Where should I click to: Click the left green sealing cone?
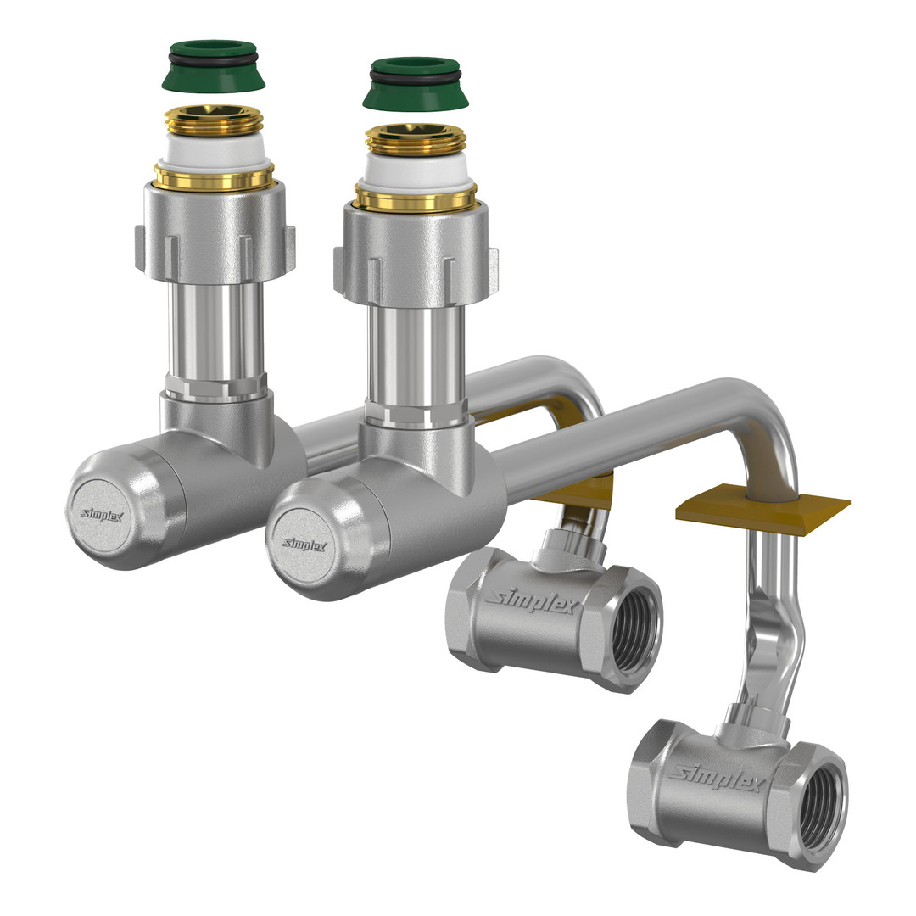pyautogui.click(x=213, y=65)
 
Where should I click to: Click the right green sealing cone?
pyautogui.click(x=416, y=83)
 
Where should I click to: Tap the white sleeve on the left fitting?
pyautogui.click(x=214, y=151)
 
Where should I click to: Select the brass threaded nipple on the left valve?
pyautogui.click(x=214, y=120)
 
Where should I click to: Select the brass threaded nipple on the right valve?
pyautogui.click(x=416, y=139)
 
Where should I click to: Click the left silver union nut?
pyautogui.click(x=215, y=234)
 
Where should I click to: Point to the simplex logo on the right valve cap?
pyautogui.click(x=304, y=545)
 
